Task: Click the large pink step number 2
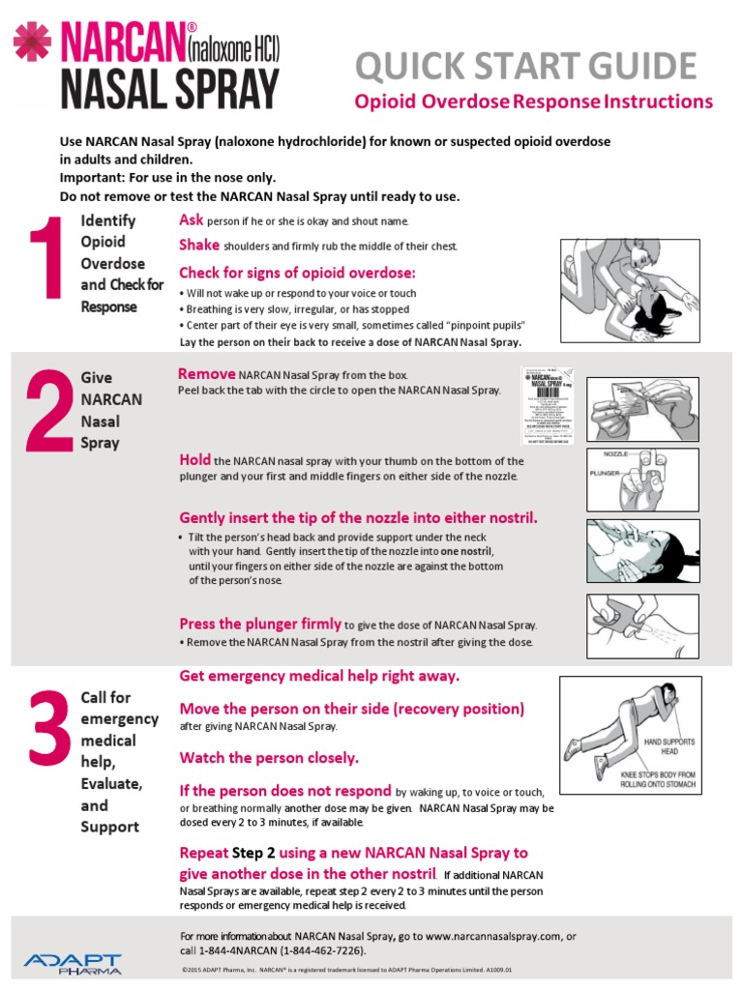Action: (47, 413)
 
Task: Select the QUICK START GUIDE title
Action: (525, 66)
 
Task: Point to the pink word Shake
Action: (199, 245)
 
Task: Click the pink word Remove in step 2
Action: (206, 374)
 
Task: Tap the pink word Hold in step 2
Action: (195, 459)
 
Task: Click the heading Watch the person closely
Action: (269, 757)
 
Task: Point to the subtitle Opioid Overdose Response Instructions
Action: (534, 102)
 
